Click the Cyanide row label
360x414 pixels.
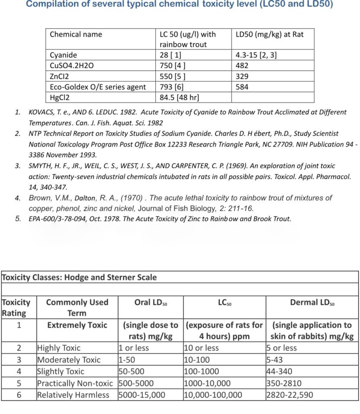coord(63,55)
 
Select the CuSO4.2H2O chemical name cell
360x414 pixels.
coord(71,66)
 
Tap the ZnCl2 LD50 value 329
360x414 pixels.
coord(242,76)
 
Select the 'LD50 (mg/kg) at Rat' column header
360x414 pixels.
coord(269,34)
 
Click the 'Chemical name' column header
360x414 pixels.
coord(76,34)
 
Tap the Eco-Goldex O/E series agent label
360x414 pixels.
coord(98,87)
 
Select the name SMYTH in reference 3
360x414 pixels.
coord(41,166)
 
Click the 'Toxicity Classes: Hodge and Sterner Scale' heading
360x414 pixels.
coord(79,277)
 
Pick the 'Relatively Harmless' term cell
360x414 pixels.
coord(73,395)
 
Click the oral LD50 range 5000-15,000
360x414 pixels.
coord(142,395)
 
